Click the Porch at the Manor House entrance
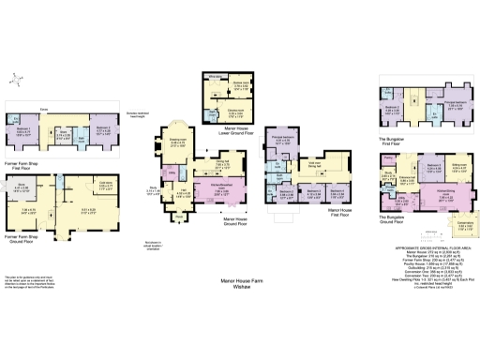pyautogui.click(x=179, y=217)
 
